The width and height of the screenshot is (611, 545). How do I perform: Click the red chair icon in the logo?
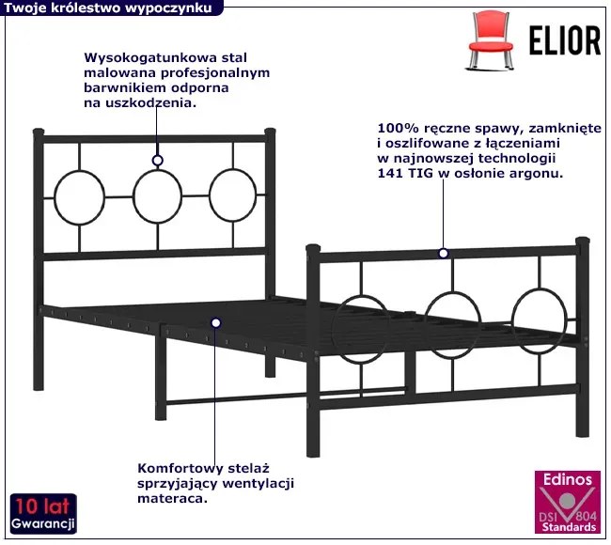tap(493, 35)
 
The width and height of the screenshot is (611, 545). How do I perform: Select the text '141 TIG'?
tap(403, 174)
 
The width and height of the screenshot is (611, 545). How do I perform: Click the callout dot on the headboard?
tap(158, 161)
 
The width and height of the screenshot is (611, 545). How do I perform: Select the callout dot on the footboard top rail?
tap(443, 253)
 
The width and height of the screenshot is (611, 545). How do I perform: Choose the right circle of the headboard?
tap(232, 195)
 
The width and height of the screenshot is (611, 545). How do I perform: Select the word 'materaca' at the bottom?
tap(172, 499)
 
